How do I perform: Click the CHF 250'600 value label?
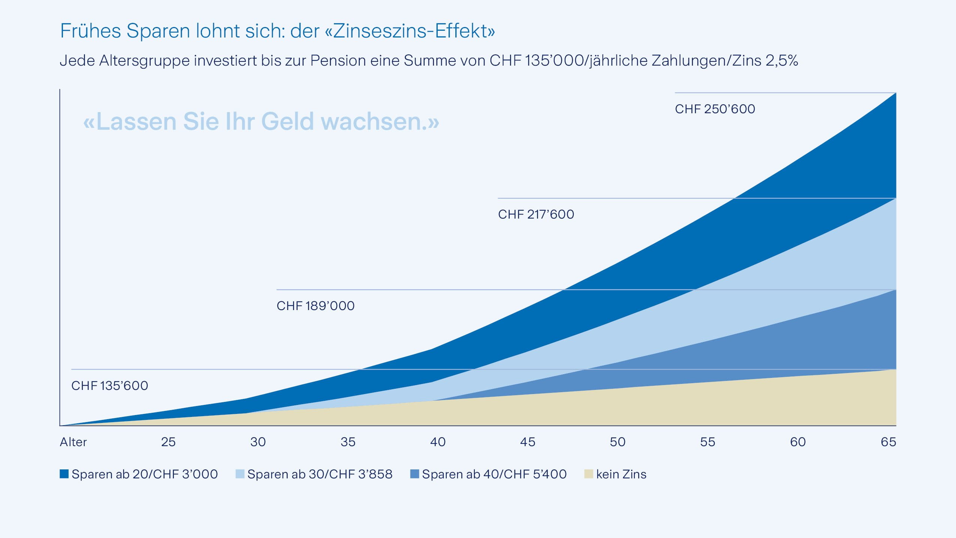click(x=715, y=109)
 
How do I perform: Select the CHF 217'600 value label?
click(x=536, y=214)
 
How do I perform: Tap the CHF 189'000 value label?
click(x=315, y=306)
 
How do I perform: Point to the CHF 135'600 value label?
click(x=109, y=386)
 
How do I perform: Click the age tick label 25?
click(x=168, y=442)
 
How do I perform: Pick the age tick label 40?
click(x=438, y=442)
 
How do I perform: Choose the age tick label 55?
click(x=708, y=442)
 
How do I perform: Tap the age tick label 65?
click(x=888, y=442)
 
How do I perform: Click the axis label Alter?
click(x=73, y=442)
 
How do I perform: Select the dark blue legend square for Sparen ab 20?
click(x=64, y=474)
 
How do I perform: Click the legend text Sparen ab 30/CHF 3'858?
click(x=320, y=474)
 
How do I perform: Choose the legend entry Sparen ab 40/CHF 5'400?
click(x=494, y=474)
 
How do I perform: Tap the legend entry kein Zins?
click(x=621, y=474)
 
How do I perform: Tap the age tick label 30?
click(x=258, y=442)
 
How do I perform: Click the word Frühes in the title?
click(x=90, y=31)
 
